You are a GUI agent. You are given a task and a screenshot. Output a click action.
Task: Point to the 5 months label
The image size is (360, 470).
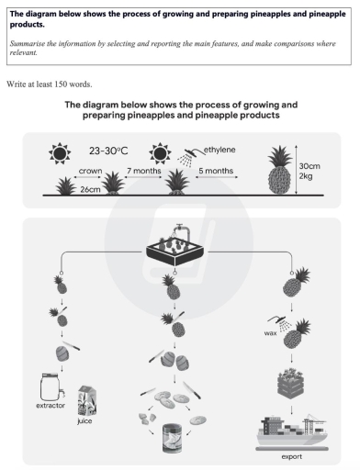pyautogui.click(x=216, y=170)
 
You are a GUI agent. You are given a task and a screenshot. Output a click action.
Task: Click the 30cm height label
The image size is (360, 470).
pyautogui.click(x=310, y=167)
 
